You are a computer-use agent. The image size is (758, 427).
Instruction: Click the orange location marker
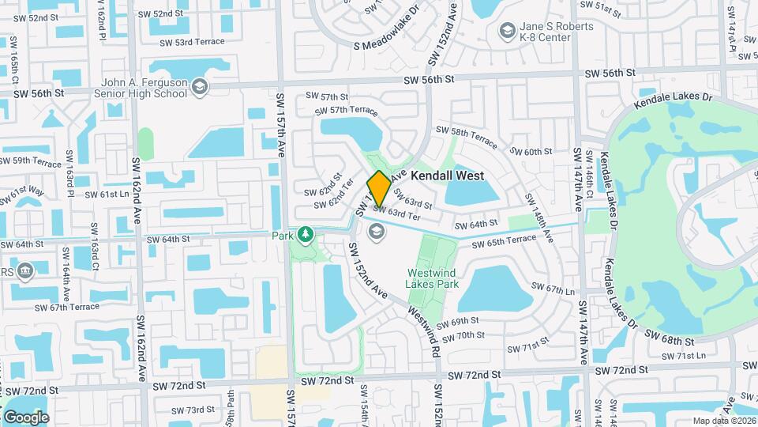[x=378, y=188]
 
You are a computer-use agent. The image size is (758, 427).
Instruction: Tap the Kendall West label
[x=447, y=175]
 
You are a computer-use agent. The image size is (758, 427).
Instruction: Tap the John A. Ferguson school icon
[x=200, y=86]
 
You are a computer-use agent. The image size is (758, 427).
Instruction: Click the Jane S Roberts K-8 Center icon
[x=507, y=32]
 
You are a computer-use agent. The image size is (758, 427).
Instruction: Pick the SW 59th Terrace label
[x=32, y=162]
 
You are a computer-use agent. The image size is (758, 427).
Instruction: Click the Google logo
[x=25, y=418]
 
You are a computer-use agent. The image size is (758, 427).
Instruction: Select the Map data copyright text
[x=723, y=421]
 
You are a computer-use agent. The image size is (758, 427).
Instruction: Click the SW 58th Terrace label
[x=467, y=135]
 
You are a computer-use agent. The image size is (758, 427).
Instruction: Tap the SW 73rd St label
[x=193, y=410]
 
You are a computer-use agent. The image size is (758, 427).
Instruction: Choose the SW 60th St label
[x=531, y=152]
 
